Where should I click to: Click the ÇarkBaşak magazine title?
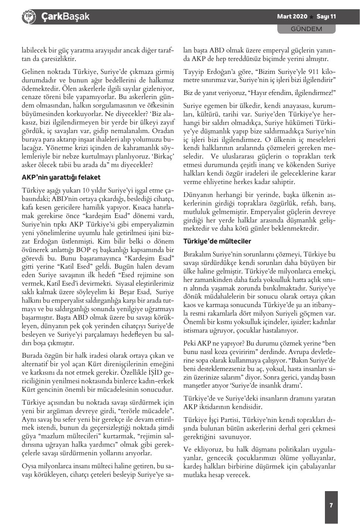(x=65, y=17)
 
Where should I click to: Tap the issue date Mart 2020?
(x=292, y=17)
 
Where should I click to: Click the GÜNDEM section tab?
(x=306, y=29)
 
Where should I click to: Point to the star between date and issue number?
(x=312, y=17)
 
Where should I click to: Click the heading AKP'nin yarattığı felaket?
(x=61, y=177)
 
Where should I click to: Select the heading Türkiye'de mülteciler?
(x=217, y=241)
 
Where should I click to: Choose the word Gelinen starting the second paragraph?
(x=33, y=71)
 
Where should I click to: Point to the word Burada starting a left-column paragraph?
(x=33, y=356)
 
